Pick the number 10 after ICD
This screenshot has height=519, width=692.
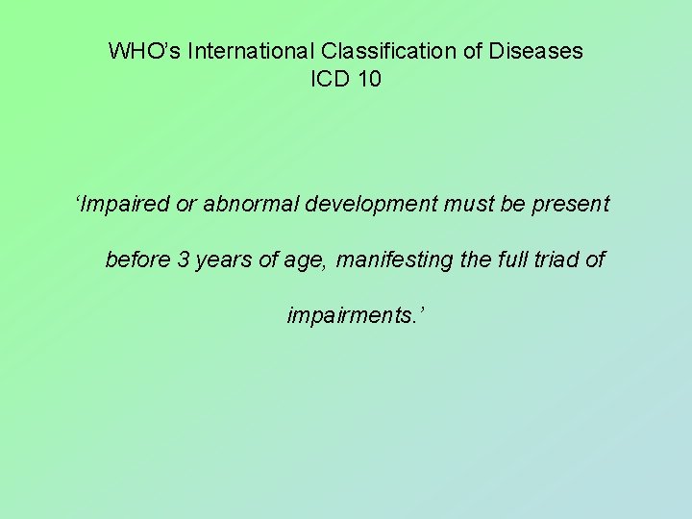369,80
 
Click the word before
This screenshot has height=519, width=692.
136,260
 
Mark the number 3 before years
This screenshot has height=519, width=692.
184,260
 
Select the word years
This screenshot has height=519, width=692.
220,260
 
